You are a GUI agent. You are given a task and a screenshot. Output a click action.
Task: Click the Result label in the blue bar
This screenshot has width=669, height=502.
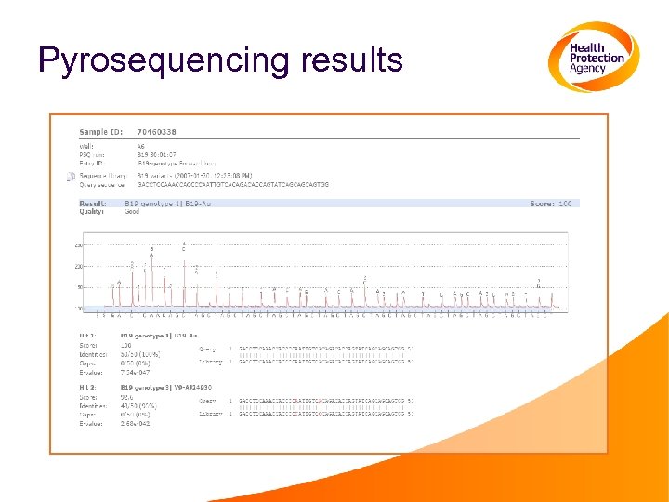92,203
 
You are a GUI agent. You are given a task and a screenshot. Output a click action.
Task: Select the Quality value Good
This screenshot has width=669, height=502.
133,212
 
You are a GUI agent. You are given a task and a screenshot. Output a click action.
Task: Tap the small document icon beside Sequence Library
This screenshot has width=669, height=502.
71,176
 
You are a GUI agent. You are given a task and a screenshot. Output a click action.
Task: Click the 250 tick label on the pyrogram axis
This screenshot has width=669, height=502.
79,245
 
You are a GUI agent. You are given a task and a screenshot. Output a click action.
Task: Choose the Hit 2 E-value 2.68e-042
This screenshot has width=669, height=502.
138,423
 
